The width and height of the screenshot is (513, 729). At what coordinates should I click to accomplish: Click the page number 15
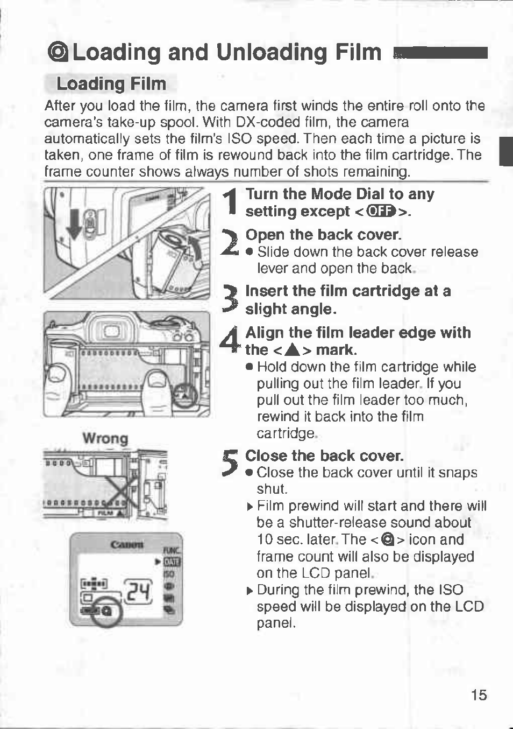[x=478, y=695]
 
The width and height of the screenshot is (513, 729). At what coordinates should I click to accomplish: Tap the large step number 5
[x=230, y=464]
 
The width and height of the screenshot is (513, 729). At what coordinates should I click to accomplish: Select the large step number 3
[x=230, y=300]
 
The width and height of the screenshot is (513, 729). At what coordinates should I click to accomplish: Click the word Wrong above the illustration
[x=105, y=438]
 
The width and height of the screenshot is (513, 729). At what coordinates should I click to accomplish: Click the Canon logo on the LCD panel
[x=126, y=544]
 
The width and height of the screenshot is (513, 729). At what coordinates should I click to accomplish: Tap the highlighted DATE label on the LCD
[x=172, y=563]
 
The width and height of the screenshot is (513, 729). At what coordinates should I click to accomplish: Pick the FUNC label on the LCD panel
[x=173, y=551]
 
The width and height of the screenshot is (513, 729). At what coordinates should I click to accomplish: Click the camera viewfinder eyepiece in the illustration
[x=112, y=330]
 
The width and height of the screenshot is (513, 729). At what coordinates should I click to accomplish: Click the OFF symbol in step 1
[x=381, y=211]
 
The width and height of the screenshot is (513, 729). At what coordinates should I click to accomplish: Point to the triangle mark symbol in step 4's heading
[x=292, y=351]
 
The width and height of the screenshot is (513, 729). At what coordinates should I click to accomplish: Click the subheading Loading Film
[x=111, y=84]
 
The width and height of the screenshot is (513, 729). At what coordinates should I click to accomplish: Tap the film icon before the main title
[x=58, y=53]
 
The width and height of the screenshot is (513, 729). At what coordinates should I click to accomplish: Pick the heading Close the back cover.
[x=324, y=455]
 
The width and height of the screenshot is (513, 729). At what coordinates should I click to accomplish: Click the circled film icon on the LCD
[x=106, y=612]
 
